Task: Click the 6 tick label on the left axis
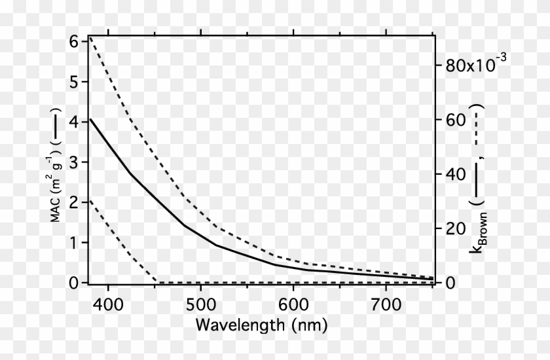pyautogui.click(x=73, y=41)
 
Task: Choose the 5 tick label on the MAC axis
pyautogui.click(x=73, y=82)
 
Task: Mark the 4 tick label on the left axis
pyautogui.click(x=73, y=122)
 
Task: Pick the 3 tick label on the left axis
pyautogui.click(x=73, y=162)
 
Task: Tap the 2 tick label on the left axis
pyautogui.click(x=73, y=202)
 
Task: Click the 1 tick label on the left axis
pyautogui.click(x=73, y=243)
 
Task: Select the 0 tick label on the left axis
pyautogui.click(x=73, y=283)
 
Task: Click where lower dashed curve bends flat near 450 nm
pyautogui.click(x=156, y=283)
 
